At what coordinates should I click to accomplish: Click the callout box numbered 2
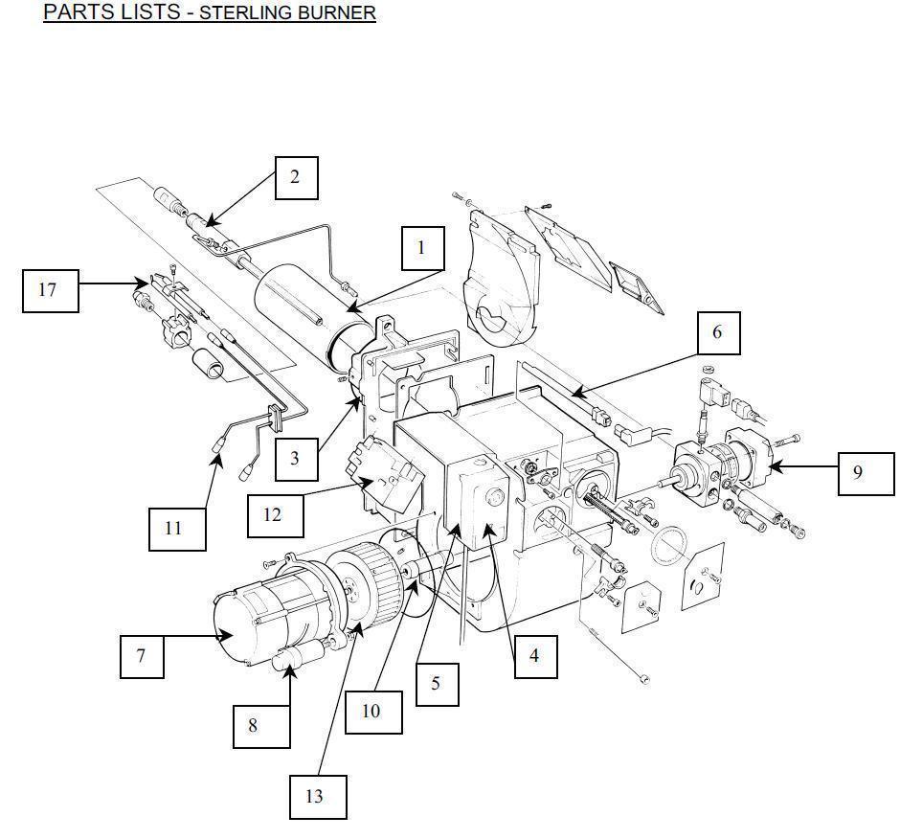pos(296,178)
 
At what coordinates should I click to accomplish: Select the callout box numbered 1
pos(423,248)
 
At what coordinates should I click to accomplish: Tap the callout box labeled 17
pos(51,290)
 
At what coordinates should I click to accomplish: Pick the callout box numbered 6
pos(719,333)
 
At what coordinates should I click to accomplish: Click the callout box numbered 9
pos(866,473)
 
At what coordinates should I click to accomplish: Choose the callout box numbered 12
pos(276,515)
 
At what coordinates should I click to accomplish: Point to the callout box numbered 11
pos(177,529)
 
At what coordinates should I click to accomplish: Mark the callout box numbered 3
pos(296,459)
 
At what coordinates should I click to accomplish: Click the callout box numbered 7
pos(142,656)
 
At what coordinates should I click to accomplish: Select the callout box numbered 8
pos(261,726)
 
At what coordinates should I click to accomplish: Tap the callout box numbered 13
pos(318,797)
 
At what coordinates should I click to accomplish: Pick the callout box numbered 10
pos(373,712)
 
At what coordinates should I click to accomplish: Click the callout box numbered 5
pos(437,684)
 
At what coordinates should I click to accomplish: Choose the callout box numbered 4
pos(535,656)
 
